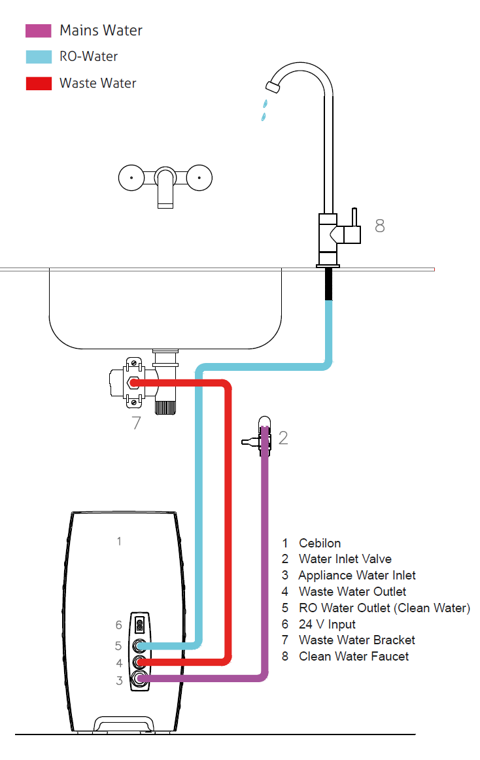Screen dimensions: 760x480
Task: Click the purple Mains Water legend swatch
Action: click(x=39, y=31)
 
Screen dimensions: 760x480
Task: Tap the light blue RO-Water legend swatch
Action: click(x=39, y=57)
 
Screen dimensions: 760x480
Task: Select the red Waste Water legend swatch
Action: click(x=39, y=84)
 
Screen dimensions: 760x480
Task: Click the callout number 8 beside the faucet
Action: click(x=380, y=226)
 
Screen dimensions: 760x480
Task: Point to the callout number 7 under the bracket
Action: click(x=136, y=423)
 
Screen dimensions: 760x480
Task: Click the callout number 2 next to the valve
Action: click(x=283, y=438)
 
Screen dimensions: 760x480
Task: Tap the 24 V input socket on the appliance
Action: click(x=139, y=625)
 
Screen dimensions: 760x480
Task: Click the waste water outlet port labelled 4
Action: click(x=139, y=663)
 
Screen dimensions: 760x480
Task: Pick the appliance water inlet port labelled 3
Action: click(x=139, y=680)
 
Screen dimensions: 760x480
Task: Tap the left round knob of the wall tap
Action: click(x=131, y=177)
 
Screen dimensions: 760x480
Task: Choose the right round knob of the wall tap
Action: click(x=199, y=177)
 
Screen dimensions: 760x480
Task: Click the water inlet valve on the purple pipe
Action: click(x=264, y=436)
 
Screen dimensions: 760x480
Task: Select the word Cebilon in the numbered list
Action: click(x=320, y=543)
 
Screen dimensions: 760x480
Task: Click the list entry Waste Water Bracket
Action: click(x=356, y=640)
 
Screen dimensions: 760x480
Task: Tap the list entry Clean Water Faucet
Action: click(x=353, y=656)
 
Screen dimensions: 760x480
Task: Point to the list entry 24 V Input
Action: click(x=327, y=624)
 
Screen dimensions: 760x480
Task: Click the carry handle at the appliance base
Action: click(x=124, y=723)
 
